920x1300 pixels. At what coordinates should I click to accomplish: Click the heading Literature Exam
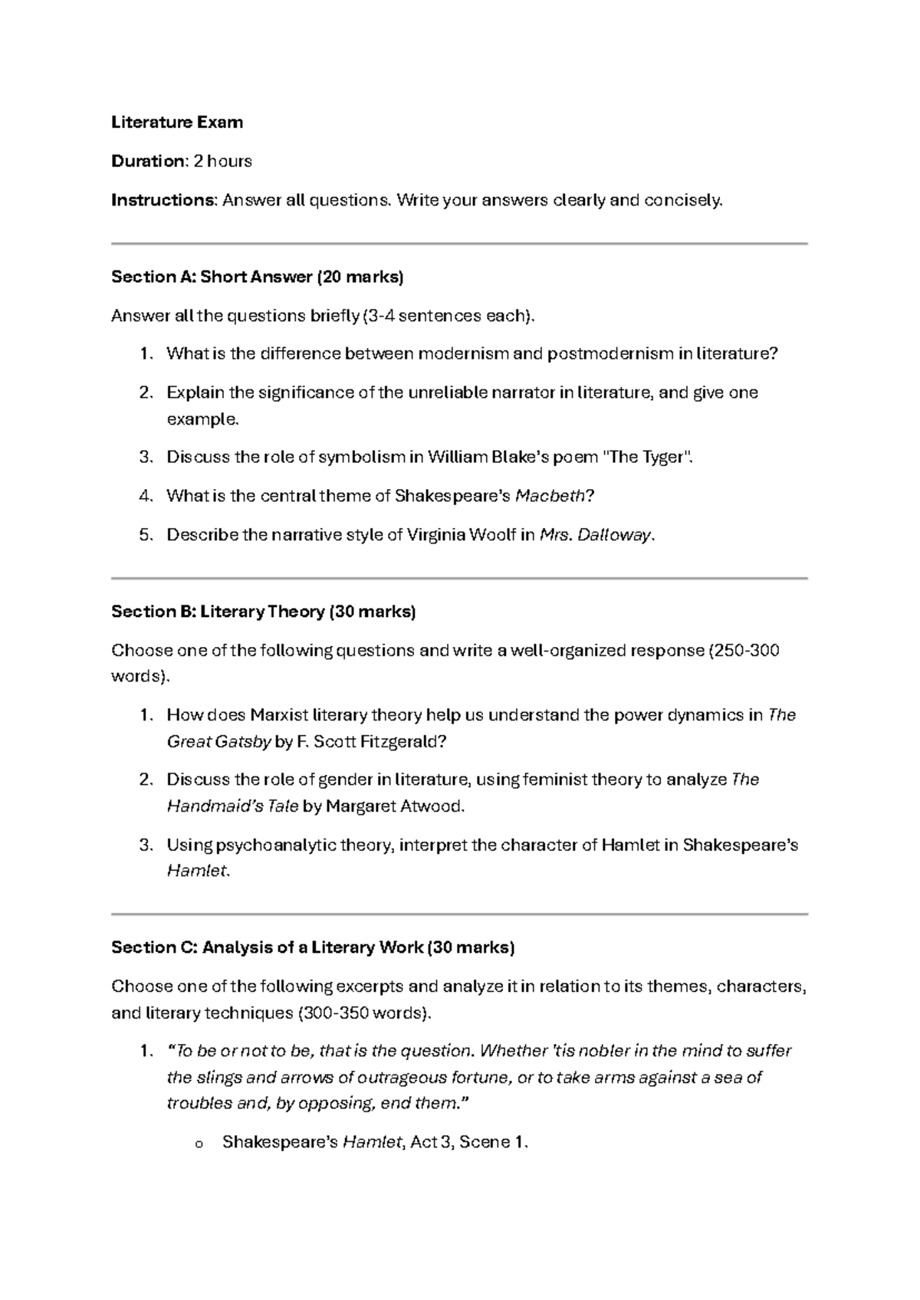tap(177, 122)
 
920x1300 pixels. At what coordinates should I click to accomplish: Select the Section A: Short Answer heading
tap(257, 277)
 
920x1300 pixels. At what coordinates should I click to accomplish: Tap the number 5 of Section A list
tap(146, 535)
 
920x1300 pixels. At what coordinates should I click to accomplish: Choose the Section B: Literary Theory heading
tap(263, 612)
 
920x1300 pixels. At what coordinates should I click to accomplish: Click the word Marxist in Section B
tap(279, 715)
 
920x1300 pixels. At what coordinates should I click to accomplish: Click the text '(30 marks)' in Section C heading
tap(471, 947)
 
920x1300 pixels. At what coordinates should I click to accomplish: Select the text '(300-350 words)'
tap(363, 1013)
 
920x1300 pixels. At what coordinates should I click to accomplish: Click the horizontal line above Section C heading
tap(460, 914)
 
